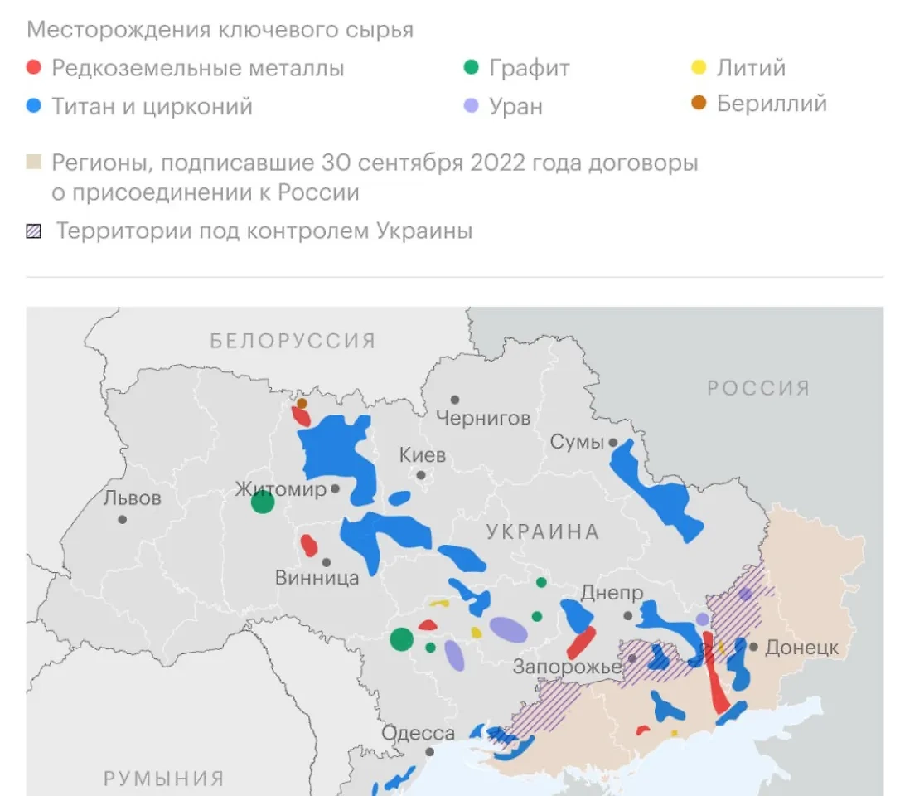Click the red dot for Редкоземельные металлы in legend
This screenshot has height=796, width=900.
tap(34, 68)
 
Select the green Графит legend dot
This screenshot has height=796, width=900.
tap(472, 68)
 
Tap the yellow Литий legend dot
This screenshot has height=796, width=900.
tap(699, 68)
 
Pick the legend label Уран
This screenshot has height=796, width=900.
tap(515, 107)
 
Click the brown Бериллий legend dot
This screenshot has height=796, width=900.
tap(699, 104)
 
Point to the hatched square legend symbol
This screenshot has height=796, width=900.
tap(34, 231)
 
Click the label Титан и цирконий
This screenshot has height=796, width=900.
tap(152, 107)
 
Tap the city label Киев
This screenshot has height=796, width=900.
tap(422, 455)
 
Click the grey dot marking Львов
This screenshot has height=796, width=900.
tap(123, 520)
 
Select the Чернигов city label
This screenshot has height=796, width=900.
tap(483, 419)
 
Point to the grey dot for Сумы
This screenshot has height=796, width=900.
tap(613, 443)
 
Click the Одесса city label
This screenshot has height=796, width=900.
tap(418, 734)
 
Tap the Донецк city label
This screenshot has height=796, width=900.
tap(801, 648)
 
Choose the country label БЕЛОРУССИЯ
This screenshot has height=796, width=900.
tap(293, 341)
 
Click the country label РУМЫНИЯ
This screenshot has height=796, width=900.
tap(163, 779)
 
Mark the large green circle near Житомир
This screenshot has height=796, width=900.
tap(263, 502)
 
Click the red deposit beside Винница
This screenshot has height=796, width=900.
tap(308, 546)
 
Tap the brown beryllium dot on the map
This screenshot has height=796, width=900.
tap(302, 403)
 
